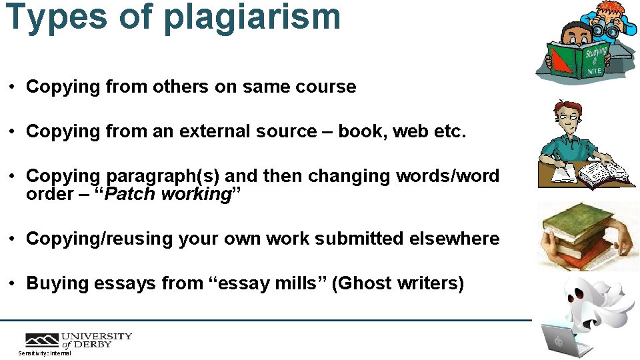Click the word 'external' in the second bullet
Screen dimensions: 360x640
(x=213, y=131)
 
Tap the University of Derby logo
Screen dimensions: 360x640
(x=79, y=340)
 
